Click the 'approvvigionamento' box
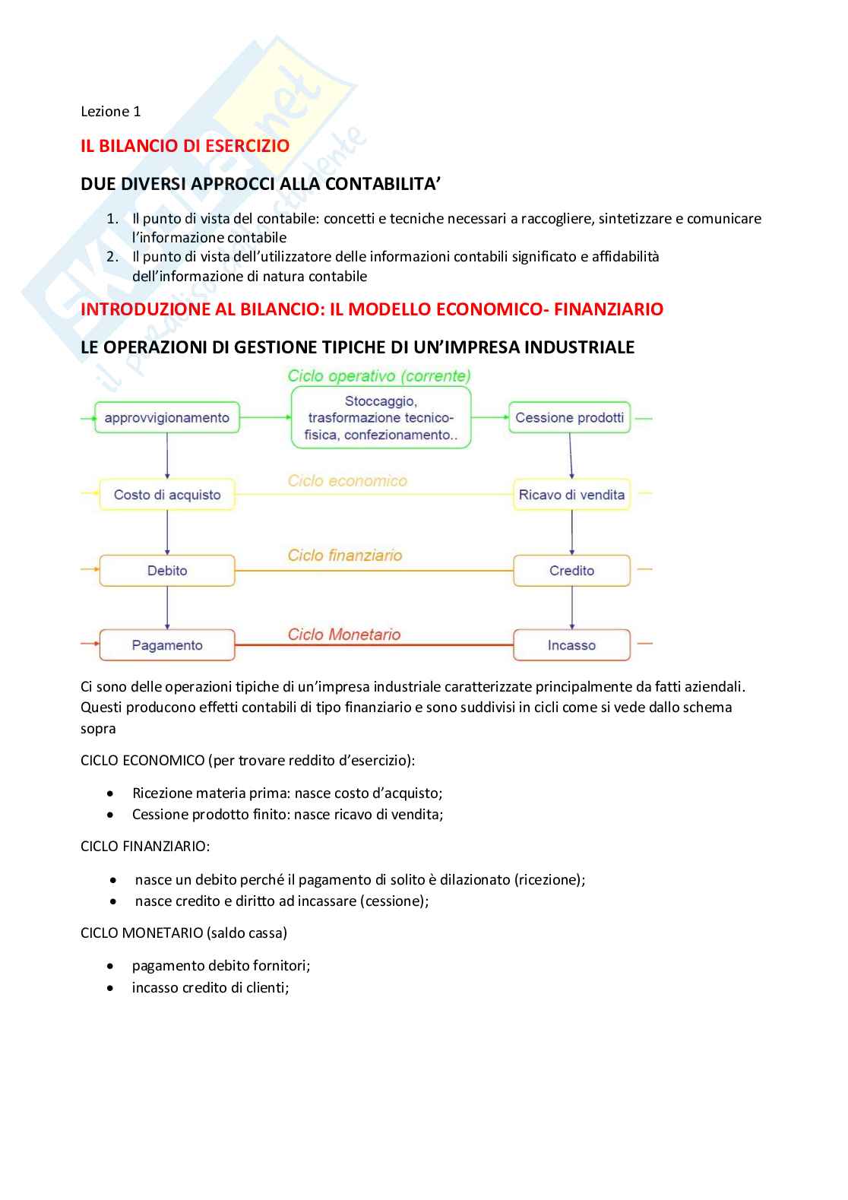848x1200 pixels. [166, 417]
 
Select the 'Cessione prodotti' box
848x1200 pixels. [570, 417]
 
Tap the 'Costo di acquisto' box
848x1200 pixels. [167, 495]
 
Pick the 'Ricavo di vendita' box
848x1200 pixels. [571, 495]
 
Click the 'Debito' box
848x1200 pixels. [167, 571]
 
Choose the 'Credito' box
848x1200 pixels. [571, 571]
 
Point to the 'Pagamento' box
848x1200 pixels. [167, 645]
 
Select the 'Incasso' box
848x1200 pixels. [571, 645]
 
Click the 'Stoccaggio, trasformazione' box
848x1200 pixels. [380, 417]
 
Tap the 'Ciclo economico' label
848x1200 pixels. [347, 480]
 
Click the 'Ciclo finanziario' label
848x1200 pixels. [345, 556]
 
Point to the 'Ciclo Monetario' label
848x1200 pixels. [343, 634]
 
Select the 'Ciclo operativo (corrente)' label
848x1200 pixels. [378, 375]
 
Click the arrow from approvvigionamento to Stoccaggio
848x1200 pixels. [264, 417]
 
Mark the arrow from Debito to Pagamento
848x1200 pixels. [167, 608]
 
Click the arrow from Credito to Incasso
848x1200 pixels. [571, 608]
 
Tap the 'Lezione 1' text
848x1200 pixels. [111, 112]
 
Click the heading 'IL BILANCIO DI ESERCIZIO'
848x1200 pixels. [185, 145]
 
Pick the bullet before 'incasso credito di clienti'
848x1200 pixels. [112, 988]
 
